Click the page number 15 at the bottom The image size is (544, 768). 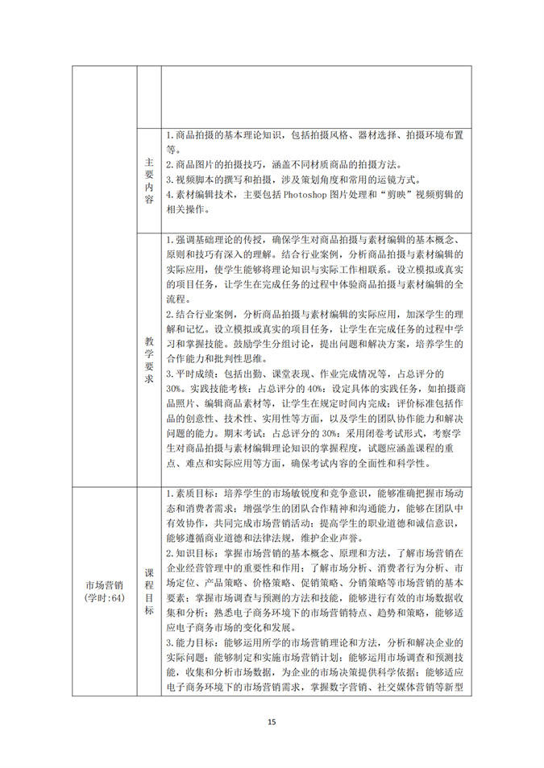272,721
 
